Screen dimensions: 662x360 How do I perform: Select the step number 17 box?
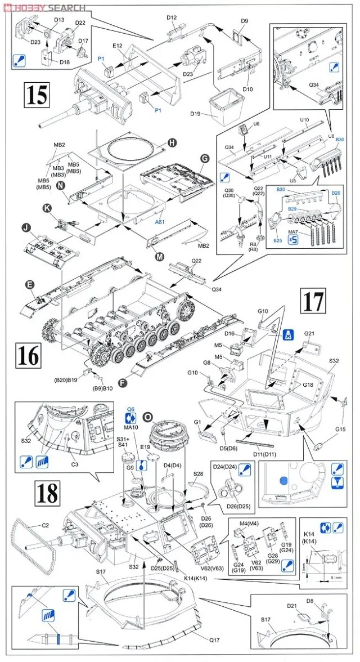point(313,302)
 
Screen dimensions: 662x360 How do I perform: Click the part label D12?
point(172,17)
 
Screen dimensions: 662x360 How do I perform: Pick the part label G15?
point(340,430)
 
